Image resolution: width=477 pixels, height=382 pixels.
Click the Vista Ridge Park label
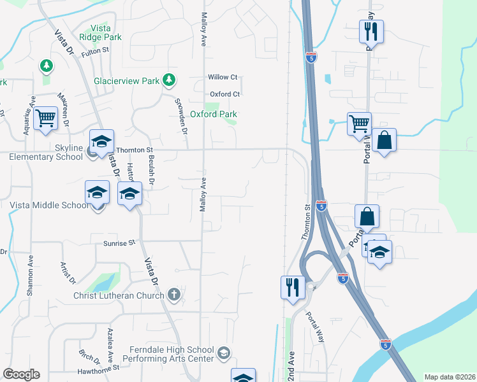106,32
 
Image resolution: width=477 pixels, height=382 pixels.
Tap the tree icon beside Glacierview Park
168,80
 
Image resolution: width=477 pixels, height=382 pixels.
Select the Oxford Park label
214,115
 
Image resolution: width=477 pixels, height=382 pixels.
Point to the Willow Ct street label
223,77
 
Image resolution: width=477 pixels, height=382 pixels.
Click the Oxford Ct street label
224,94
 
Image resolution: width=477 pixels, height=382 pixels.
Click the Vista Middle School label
49,206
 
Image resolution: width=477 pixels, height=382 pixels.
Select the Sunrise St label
120,243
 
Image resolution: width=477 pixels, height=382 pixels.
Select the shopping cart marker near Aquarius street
45,118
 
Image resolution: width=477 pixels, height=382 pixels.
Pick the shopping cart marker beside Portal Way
359,123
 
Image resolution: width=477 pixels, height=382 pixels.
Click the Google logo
21,374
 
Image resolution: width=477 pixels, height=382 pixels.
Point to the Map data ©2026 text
450,377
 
